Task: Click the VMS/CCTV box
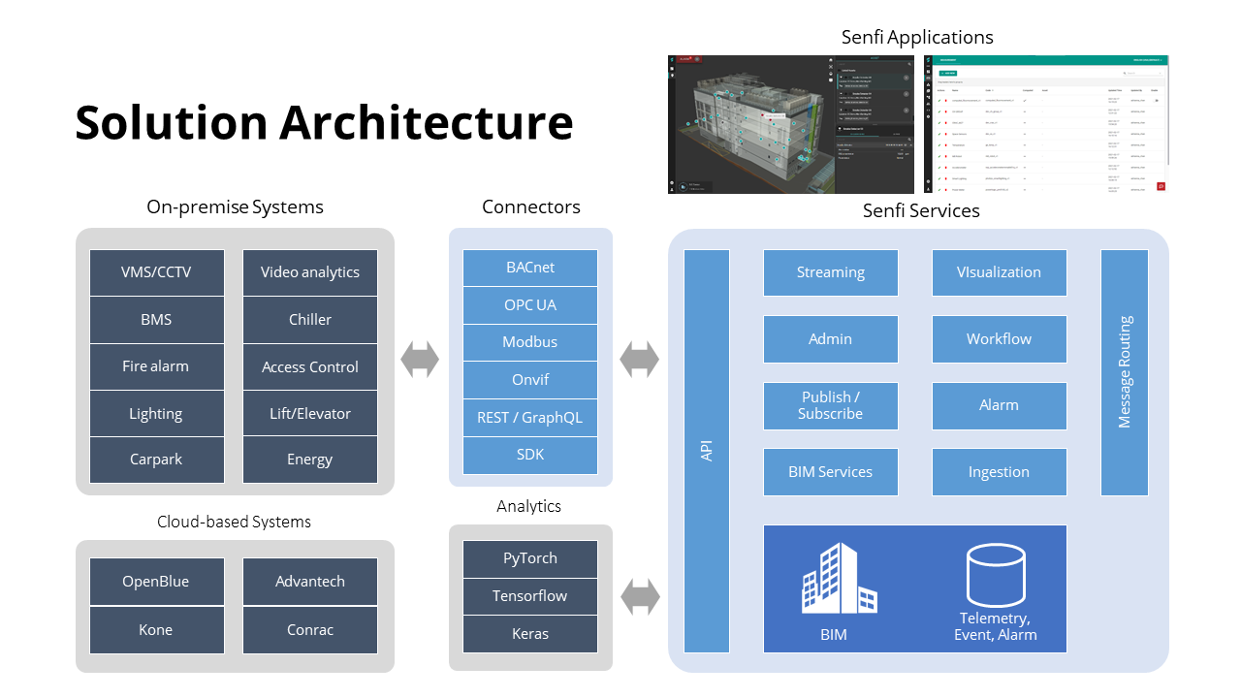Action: click(x=156, y=272)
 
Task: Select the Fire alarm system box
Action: click(x=156, y=366)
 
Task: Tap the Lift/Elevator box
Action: click(x=310, y=414)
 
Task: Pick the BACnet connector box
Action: click(x=530, y=268)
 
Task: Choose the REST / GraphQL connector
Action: click(x=530, y=418)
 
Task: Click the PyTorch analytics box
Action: click(x=530, y=558)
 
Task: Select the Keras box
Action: click(x=530, y=634)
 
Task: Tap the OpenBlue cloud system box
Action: click(x=156, y=582)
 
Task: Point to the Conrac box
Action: click(x=310, y=630)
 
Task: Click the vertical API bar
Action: click(x=707, y=451)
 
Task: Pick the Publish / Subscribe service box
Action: click(x=831, y=405)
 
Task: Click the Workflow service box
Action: click(x=999, y=339)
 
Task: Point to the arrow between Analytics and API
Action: click(x=640, y=596)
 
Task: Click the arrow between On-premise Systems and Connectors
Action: click(x=420, y=361)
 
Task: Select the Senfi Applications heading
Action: click(x=917, y=38)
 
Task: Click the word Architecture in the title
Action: click(x=427, y=123)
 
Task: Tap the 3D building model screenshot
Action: click(x=790, y=124)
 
